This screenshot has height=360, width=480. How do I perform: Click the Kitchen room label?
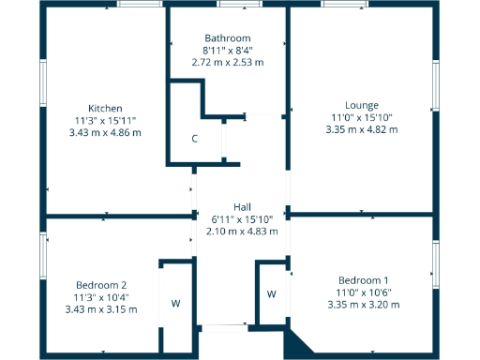coord(105,108)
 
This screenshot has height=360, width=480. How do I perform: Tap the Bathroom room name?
coord(228,38)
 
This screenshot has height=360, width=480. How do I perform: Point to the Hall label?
coord(242,207)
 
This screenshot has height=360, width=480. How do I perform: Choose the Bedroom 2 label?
coord(102,285)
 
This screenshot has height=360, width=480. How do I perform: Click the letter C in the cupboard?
coord(194,139)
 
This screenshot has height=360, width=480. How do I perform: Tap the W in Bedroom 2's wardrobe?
coord(175,303)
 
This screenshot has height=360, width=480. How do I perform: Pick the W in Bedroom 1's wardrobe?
coord(271,293)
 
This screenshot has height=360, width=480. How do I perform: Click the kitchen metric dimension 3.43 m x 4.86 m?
coord(105,132)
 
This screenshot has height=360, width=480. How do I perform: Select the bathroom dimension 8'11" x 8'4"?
coord(228,51)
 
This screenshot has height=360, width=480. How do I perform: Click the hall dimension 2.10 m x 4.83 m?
coord(242,232)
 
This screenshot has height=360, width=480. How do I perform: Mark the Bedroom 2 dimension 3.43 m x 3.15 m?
coord(102,309)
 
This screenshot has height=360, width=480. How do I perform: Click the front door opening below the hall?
coord(223,327)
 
